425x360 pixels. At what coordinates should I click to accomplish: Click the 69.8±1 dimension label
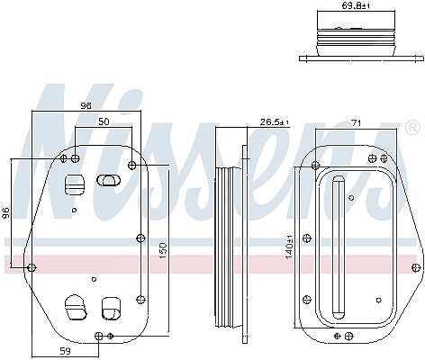[356, 5]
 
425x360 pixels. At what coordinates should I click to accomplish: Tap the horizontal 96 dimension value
[86, 105]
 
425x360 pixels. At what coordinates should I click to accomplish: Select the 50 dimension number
[104, 121]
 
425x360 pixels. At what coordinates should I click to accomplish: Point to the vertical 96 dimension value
[5, 212]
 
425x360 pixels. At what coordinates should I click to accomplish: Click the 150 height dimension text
[162, 251]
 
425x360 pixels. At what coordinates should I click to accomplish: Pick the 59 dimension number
[65, 351]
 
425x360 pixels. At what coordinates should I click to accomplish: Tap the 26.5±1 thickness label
[274, 122]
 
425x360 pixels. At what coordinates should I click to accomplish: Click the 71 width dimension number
[357, 122]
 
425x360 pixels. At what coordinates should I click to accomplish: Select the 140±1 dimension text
[289, 247]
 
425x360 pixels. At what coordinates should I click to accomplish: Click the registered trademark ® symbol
[412, 128]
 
